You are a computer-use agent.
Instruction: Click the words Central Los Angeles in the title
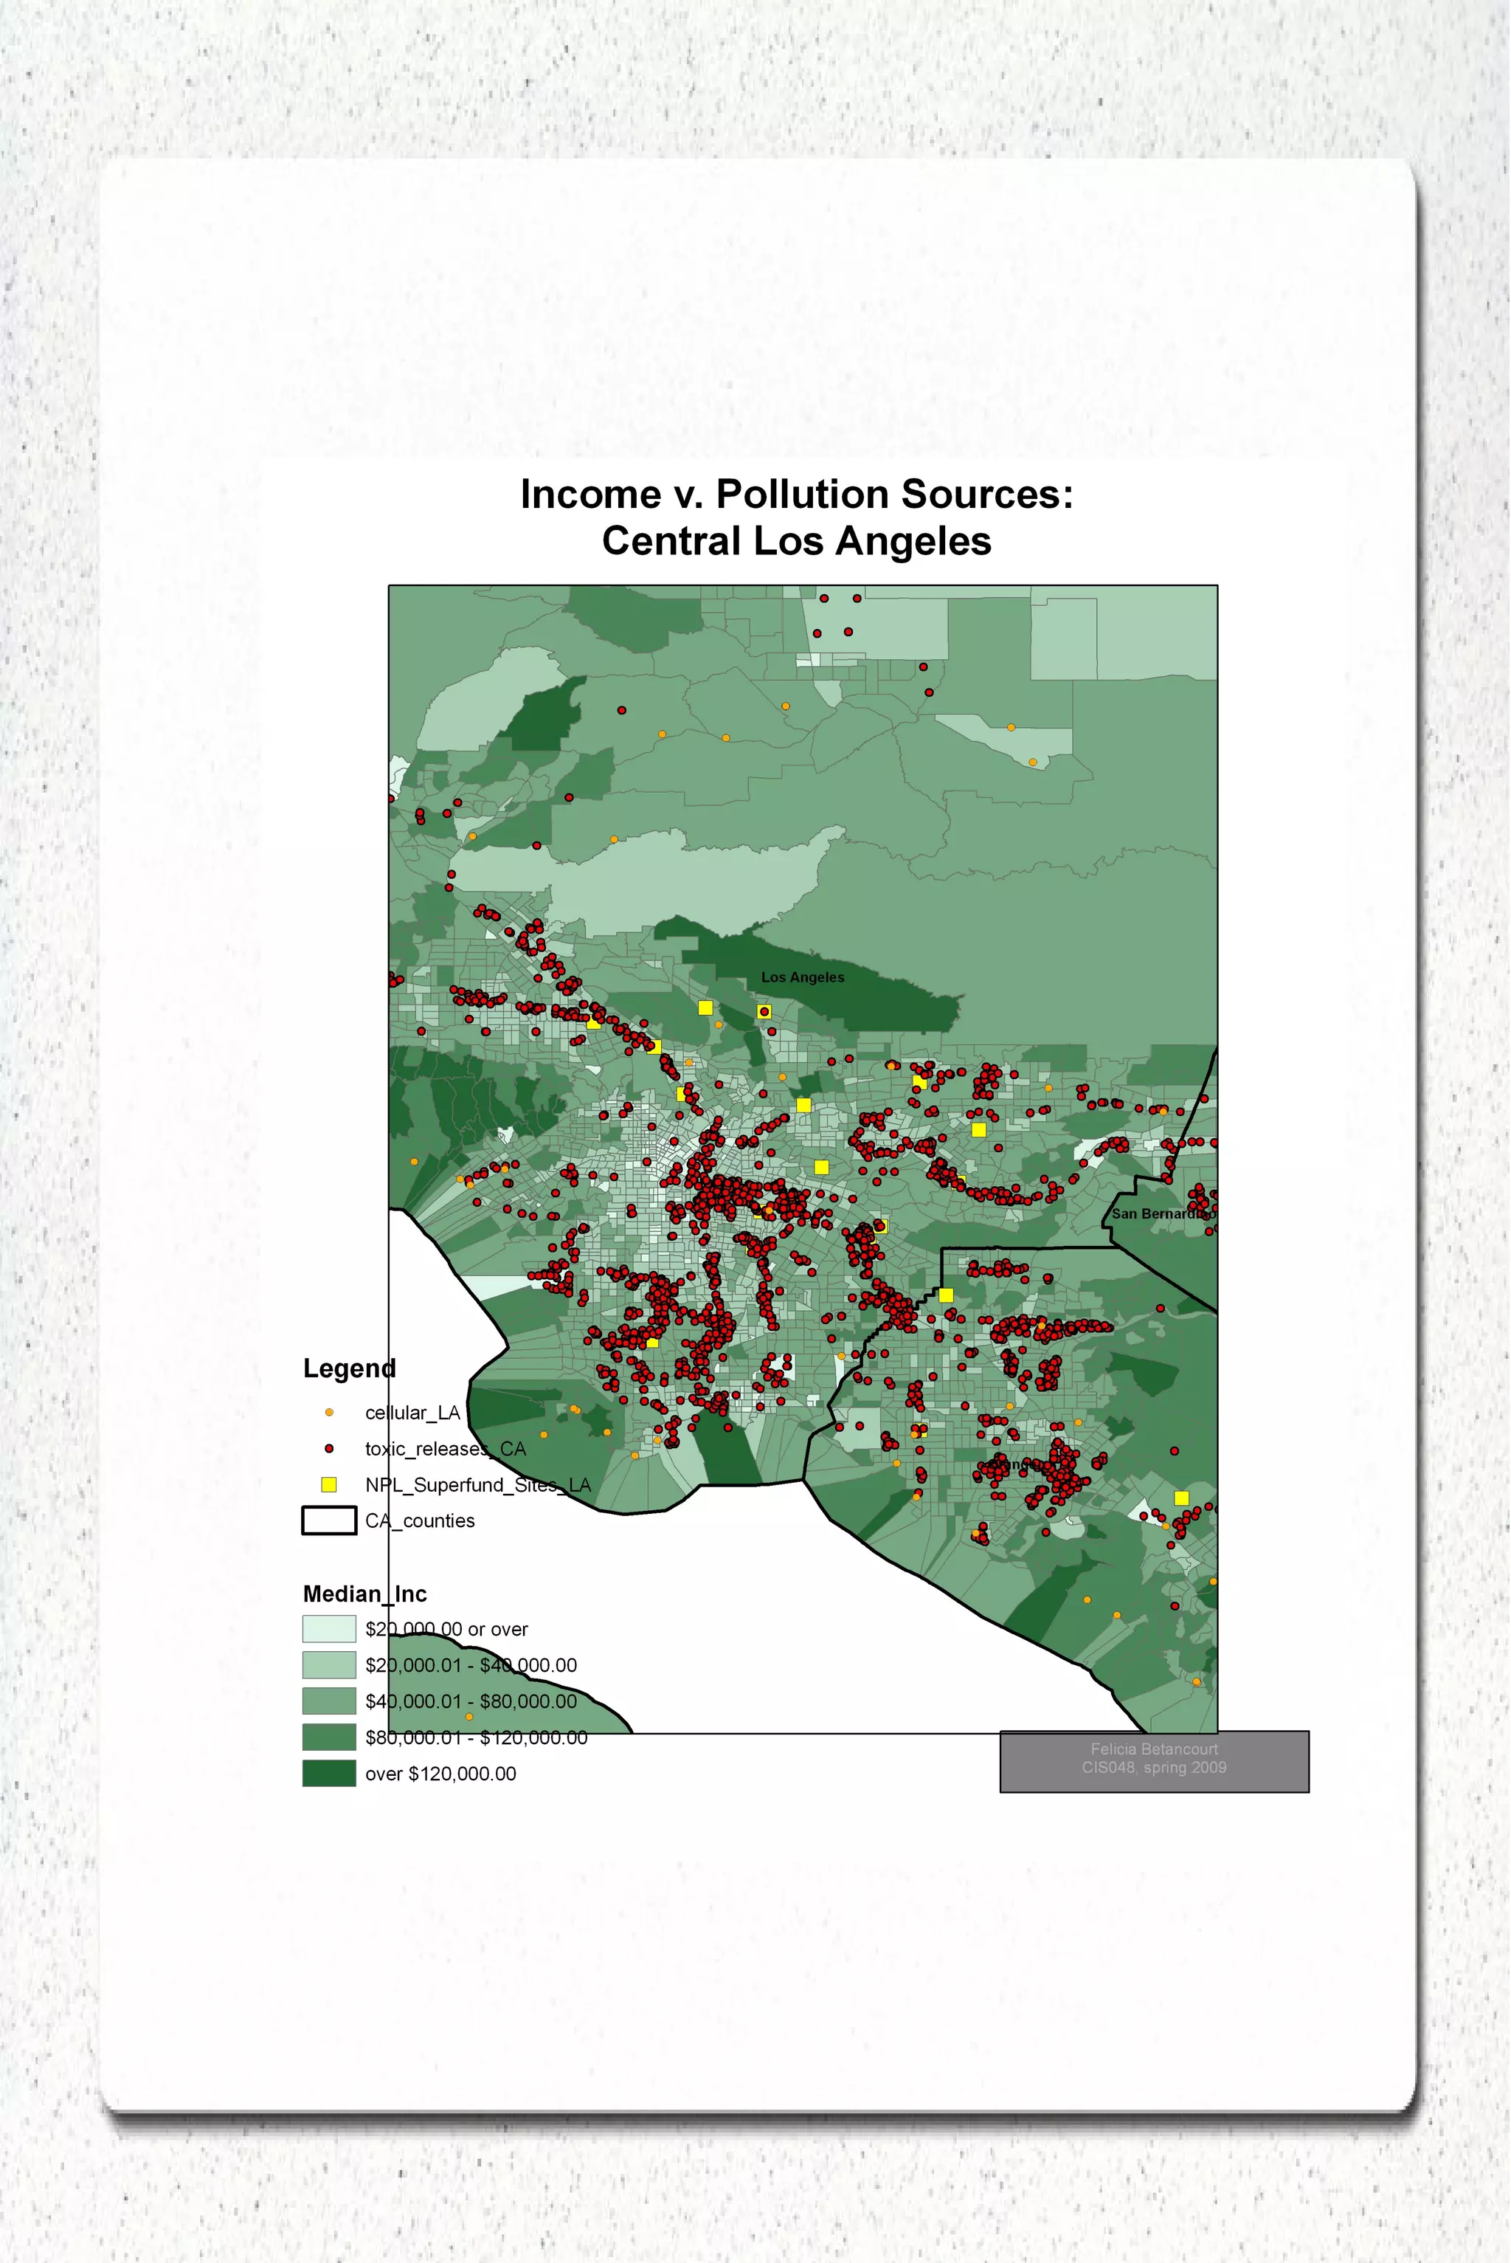click(x=796, y=541)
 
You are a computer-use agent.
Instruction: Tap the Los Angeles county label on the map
click(x=802, y=977)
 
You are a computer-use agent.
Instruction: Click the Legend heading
click(x=349, y=1368)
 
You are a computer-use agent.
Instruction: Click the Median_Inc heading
click(x=364, y=1594)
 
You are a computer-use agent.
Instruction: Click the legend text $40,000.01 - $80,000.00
click(x=470, y=1701)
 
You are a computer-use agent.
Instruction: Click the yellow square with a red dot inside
click(x=764, y=1012)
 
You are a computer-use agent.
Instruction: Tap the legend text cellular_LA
click(x=412, y=1413)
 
